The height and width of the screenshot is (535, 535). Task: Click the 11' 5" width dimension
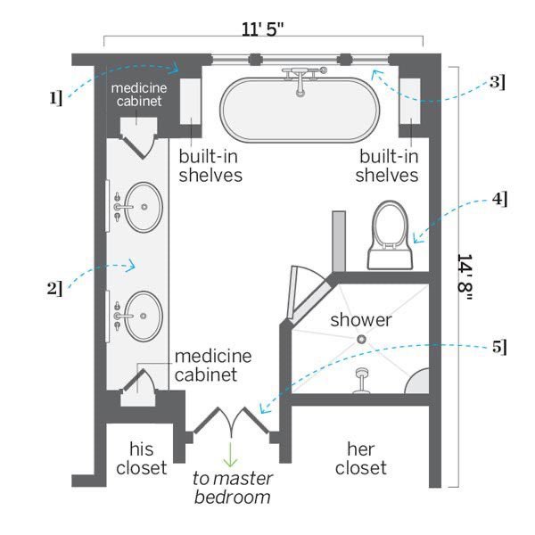(262, 29)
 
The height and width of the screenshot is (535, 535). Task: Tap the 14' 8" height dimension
(465, 277)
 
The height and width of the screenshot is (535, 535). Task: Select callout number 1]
(56, 98)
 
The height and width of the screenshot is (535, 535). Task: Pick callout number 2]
(54, 289)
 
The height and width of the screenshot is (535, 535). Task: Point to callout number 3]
(498, 82)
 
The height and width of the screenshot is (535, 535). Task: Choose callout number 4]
(499, 199)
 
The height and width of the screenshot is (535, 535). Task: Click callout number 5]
(499, 348)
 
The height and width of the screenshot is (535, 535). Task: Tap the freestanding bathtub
(300, 110)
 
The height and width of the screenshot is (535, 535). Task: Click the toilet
(391, 235)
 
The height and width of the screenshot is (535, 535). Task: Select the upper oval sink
(143, 207)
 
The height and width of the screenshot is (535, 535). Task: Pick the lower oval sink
(143, 317)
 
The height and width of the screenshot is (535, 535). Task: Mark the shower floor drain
(361, 339)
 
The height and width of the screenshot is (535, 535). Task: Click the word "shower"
(361, 320)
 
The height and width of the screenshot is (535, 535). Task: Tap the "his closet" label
(141, 458)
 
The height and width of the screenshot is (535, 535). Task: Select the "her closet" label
(360, 458)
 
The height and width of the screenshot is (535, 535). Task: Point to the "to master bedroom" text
(233, 488)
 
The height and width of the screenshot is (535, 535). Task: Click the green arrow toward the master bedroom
(231, 455)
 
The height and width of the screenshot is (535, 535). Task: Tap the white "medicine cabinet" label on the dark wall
(139, 95)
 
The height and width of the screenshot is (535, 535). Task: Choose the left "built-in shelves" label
(210, 166)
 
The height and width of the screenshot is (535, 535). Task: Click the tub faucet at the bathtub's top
(301, 79)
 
